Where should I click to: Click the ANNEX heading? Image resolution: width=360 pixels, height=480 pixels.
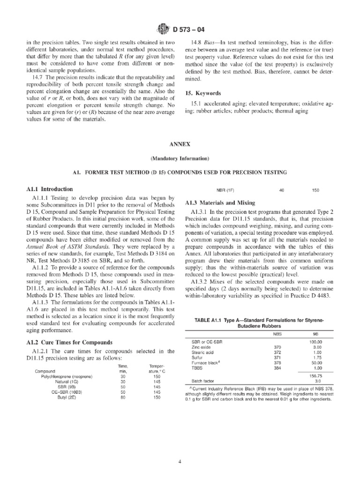[180, 145]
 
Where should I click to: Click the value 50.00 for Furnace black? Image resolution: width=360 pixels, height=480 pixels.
[317, 362]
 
